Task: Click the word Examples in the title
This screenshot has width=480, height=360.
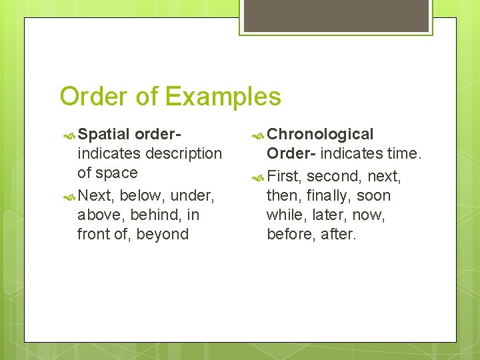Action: point(223,97)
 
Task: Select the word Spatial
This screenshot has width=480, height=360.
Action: point(105,135)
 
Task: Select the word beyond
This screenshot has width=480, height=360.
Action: point(165,234)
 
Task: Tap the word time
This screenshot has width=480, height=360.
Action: point(405,153)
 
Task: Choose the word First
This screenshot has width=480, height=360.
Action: point(284,176)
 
